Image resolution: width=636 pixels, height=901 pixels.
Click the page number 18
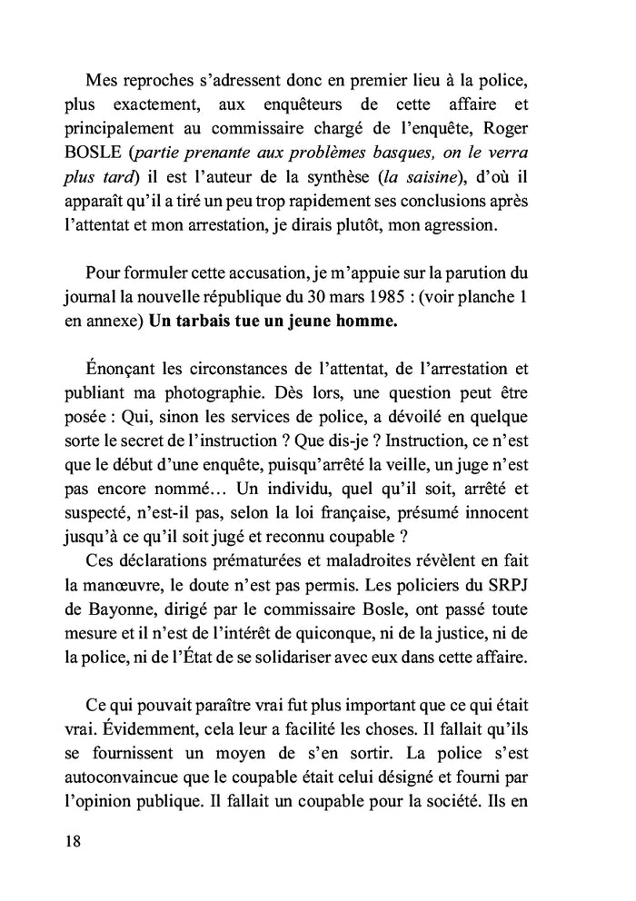point(74,840)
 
